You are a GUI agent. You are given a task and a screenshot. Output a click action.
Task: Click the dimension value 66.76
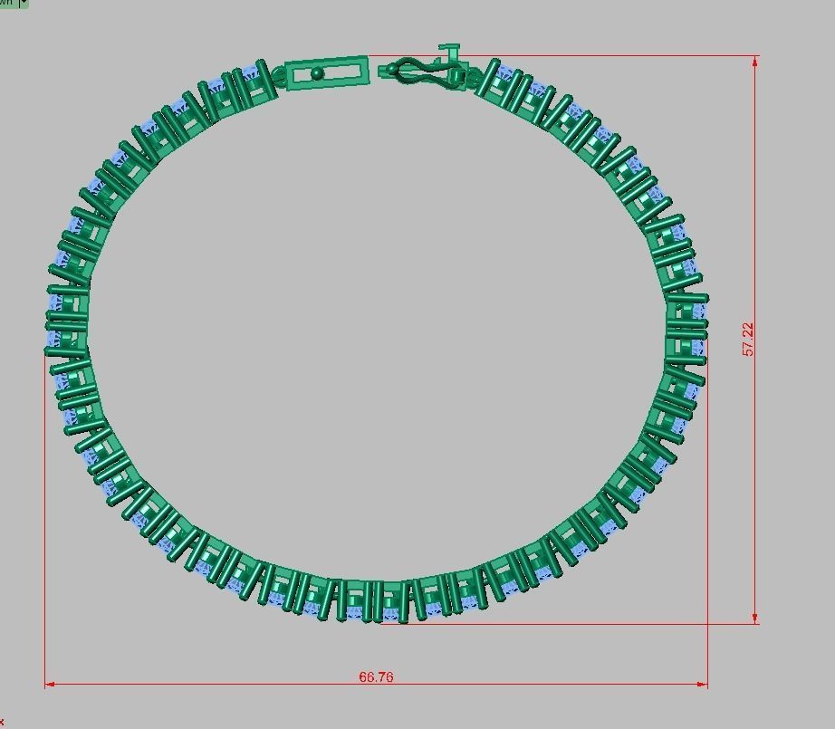click(376, 676)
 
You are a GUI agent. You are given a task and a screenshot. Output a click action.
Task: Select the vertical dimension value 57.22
click(748, 339)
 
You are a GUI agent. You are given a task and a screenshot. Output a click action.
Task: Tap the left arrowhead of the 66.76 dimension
click(49, 685)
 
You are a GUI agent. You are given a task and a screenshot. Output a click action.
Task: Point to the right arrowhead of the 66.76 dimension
click(703, 685)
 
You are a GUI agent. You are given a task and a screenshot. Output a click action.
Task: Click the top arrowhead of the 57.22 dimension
click(755, 61)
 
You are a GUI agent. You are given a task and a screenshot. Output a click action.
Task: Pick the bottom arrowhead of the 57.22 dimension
click(755, 619)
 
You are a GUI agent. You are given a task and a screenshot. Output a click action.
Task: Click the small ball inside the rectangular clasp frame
click(316, 73)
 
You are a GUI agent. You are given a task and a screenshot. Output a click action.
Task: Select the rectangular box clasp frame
click(327, 72)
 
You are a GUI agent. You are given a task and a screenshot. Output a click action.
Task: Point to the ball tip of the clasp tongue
click(391, 69)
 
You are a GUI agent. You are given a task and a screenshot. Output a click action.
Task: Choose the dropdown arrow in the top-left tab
click(24, 4)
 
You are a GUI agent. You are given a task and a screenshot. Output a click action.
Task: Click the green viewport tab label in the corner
click(8, 4)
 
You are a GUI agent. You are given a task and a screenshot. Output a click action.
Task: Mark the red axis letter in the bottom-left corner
click(2, 722)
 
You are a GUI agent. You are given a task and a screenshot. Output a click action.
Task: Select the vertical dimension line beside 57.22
click(755, 226)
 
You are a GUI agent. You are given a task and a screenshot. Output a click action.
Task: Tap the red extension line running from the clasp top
click(607, 56)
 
